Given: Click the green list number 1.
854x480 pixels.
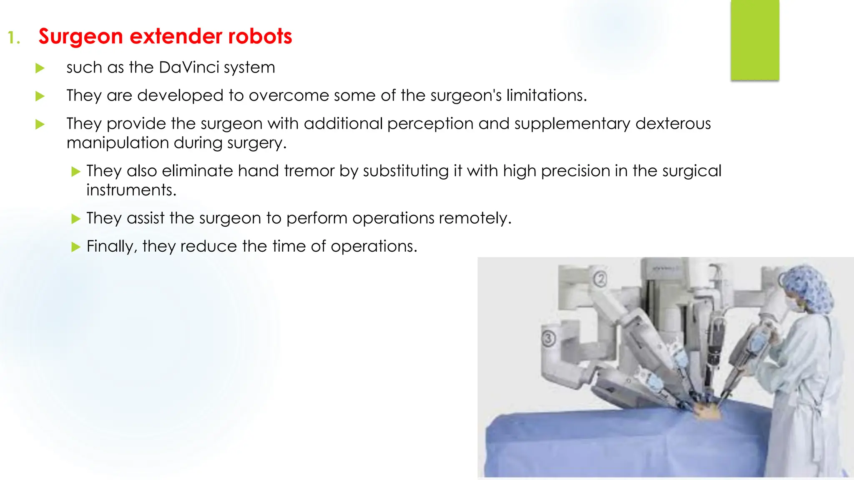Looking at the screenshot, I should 13,38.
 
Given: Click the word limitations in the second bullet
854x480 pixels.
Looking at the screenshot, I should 546,95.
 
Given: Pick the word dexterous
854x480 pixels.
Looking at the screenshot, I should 673,124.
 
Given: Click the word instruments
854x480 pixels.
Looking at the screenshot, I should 131,190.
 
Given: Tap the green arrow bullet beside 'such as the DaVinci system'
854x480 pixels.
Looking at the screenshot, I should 40,68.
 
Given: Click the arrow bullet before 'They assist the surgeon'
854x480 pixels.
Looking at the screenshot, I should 75,219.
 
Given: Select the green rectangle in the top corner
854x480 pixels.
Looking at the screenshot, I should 755,40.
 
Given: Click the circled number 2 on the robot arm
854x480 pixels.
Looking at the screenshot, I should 600,279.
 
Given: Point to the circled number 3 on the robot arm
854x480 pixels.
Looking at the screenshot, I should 549,338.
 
